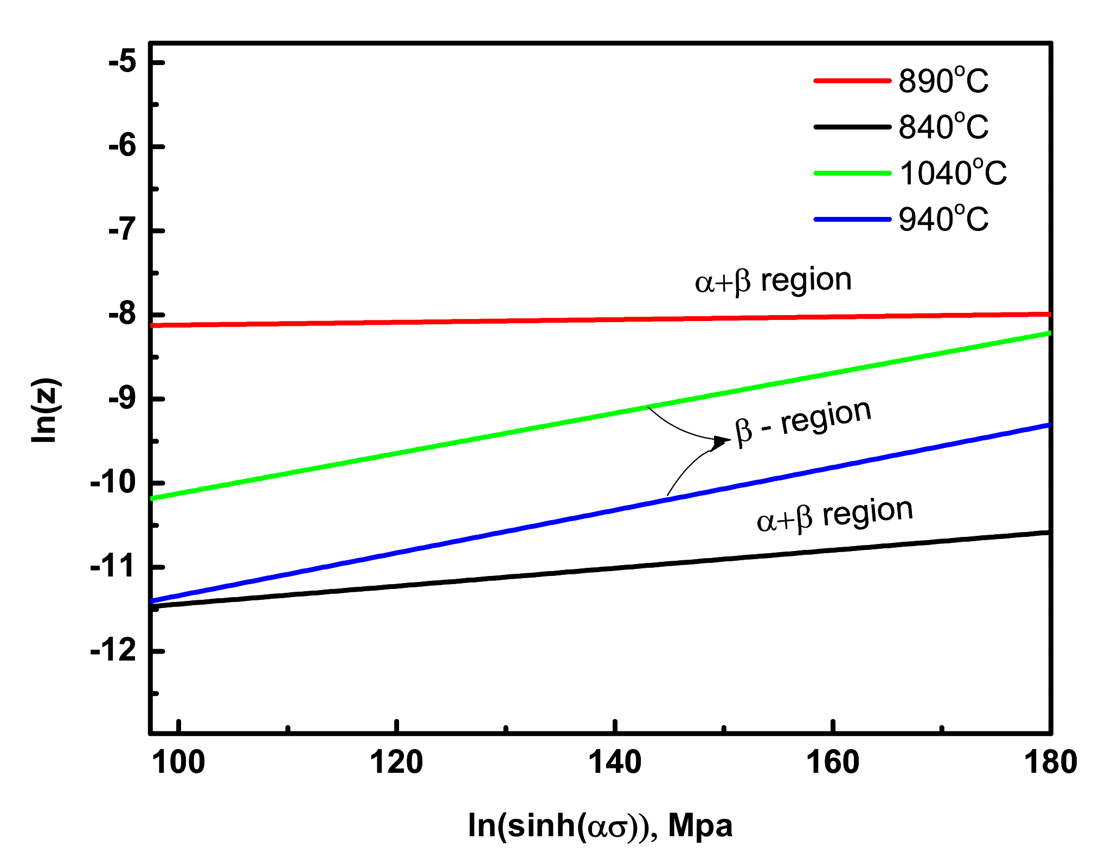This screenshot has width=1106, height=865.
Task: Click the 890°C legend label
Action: tap(943, 81)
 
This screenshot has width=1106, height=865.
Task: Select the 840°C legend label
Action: tap(943, 127)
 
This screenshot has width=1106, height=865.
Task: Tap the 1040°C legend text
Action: tap(953, 174)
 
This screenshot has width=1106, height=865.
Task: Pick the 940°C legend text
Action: tap(943, 220)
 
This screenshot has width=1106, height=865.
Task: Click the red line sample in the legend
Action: tap(852, 81)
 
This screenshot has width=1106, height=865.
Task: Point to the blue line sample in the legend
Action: tap(852, 220)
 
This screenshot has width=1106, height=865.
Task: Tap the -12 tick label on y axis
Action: tap(113, 650)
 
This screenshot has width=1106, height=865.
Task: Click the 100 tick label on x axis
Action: tap(178, 763)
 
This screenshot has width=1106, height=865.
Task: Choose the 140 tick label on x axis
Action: tap(615, 763)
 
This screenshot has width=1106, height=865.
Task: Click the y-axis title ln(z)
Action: tap(46, 411)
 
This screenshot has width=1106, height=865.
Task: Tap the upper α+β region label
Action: tap(773, 281)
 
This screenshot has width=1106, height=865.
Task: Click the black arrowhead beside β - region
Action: tap(722, 441)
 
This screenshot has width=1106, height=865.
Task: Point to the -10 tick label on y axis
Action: tap(113, 482)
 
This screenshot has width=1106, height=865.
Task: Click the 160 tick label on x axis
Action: tap(833, 763)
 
